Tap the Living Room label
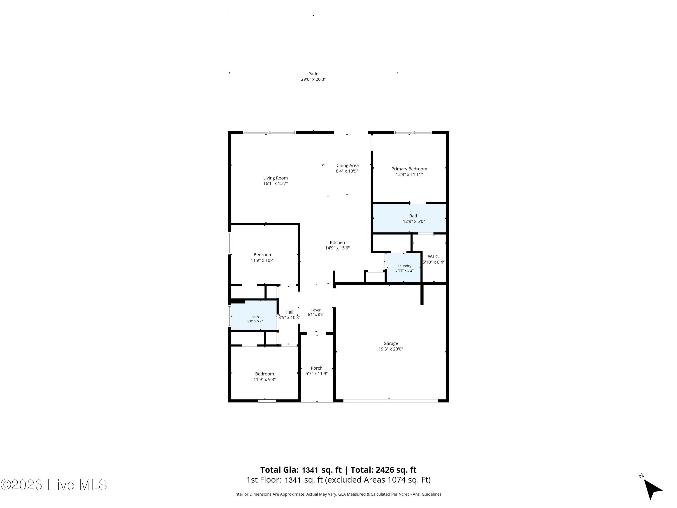coord(276,178)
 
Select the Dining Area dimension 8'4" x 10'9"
coord(347,171)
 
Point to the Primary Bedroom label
coord(409,169)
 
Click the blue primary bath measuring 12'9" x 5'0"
coord(409,218)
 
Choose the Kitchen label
coord(337,242)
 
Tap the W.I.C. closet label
coord(433,257)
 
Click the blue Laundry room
coord(404,267)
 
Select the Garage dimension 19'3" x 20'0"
coord(391,349)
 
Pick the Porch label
coord(316,368)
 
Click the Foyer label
coord(316,310)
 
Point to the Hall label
coord(289,312)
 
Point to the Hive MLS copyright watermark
coord(54,485)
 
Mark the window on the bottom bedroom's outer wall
coord(267,401)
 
